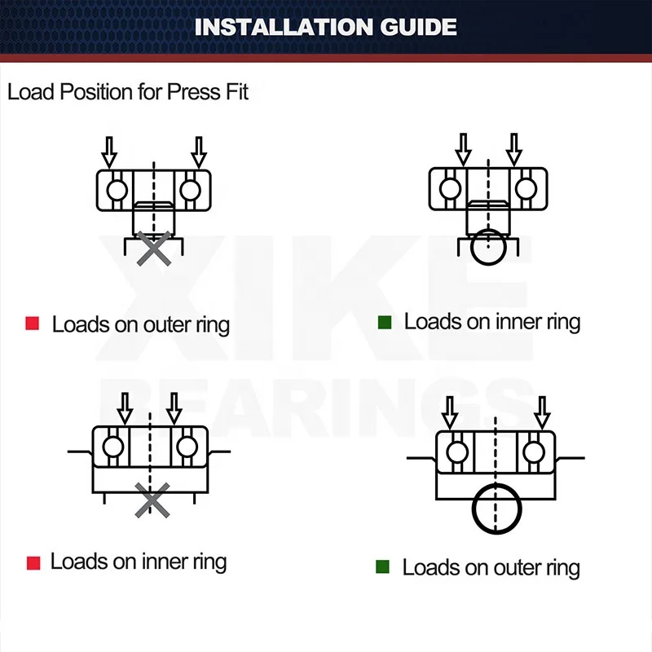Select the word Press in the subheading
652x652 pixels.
[193, 91]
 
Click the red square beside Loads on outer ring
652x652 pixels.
[33, 324]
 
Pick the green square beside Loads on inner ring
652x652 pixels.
[385, 322]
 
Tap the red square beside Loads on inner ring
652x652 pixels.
[33, 562]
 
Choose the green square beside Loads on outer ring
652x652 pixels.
[383, 566]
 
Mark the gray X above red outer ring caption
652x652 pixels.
[154, 249]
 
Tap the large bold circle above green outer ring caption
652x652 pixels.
[496, 507]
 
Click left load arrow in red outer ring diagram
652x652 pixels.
[109, 151]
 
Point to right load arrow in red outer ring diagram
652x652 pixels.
[198, 151]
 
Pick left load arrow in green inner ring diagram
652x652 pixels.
[463, 149]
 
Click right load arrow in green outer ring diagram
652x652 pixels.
[541, 412]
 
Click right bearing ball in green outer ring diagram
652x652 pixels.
[535, 452]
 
